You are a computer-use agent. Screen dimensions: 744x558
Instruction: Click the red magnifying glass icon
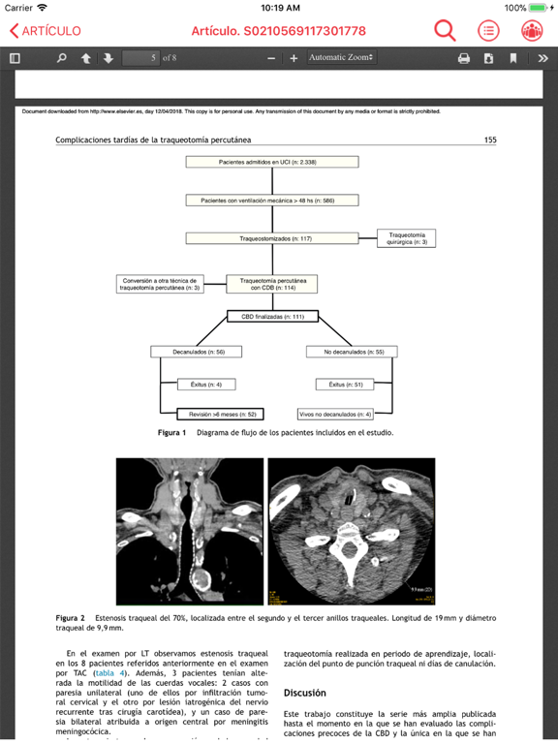[x=445, y=31]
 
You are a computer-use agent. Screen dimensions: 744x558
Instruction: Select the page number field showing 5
[x=140, y=58]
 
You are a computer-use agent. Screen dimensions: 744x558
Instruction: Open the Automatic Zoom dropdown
[x=341, y=58]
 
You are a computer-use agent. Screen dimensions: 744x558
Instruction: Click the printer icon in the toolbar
[x=464, y=58]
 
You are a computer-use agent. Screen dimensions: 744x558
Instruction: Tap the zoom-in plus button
[x=294, y=58]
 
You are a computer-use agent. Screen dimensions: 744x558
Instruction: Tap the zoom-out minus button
[x=271, y=58]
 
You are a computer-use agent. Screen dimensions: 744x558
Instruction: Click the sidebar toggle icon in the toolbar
[x=15, y=58]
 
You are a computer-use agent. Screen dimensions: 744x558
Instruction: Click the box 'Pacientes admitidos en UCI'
[x=272, y=163]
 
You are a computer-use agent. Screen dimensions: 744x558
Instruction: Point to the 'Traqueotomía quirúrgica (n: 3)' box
[x=406, y=237]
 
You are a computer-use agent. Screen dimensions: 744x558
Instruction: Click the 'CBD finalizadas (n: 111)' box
[x=272, y=317]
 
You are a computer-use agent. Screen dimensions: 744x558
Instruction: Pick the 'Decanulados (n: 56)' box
[x=201, y=352]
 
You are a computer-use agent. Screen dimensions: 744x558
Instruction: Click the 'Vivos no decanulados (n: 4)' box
[x=335, y=414]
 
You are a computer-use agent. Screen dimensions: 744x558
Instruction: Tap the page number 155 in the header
[x=490, y=140]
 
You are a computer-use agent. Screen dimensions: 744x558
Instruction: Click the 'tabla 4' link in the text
[x=110, y=672]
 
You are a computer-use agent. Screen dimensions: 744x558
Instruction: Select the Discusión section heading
[x=304, y=694]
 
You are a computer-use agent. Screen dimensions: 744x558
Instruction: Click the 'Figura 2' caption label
[x=70, y=617]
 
